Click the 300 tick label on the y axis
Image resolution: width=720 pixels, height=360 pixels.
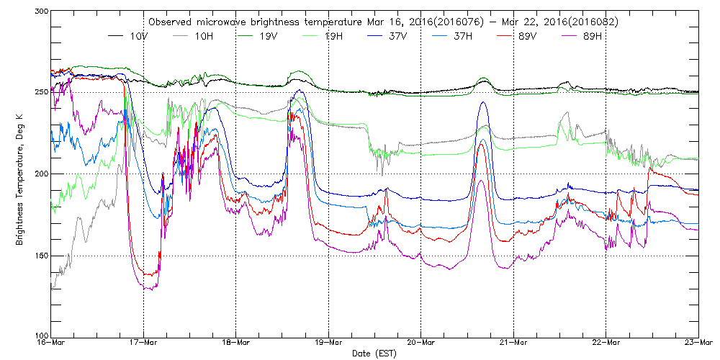[40, 12]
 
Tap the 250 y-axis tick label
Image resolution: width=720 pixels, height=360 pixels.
[40, 92]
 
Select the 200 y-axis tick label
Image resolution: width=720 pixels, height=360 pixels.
[40, 174]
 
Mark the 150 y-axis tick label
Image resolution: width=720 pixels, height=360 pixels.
[40, 256]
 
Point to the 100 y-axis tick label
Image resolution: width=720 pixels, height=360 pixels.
[40, 336]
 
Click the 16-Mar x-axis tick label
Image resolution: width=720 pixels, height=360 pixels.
[50, 343]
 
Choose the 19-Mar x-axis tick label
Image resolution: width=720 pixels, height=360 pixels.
[328, 343]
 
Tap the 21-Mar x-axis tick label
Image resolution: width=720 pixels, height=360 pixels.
[513, 343]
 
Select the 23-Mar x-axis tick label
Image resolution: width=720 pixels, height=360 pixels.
[698, 343]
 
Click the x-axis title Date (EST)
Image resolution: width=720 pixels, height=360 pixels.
[374, 354]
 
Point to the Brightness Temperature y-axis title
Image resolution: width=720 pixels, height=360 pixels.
[20, 174]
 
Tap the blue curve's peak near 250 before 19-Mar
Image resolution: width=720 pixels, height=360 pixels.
[300, 91]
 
